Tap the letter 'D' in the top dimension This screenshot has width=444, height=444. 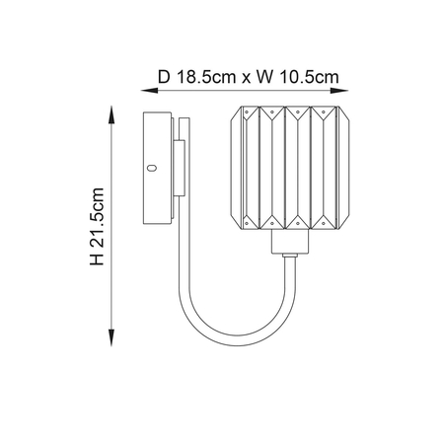click(x=163, y=73)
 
